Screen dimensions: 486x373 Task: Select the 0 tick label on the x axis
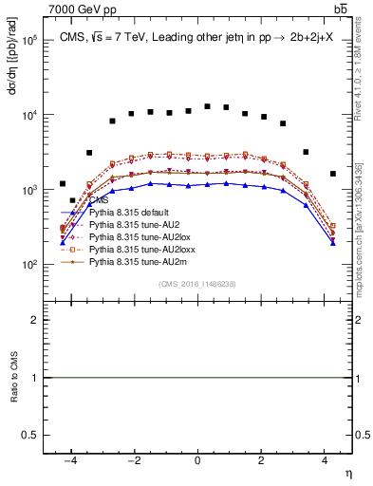197,460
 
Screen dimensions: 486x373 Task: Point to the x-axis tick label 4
325,460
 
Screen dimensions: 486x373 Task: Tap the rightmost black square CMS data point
332,174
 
